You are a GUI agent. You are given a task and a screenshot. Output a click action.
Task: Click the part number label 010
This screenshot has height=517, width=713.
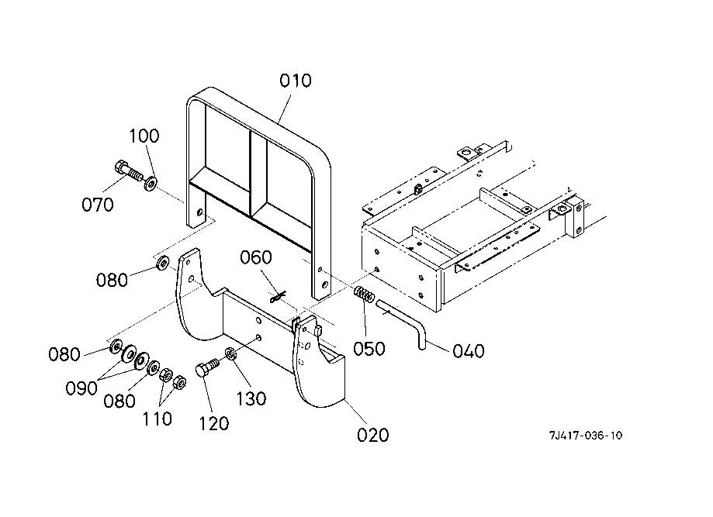point(295,81)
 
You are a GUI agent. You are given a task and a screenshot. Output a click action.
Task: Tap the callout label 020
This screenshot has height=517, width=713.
point(373,435)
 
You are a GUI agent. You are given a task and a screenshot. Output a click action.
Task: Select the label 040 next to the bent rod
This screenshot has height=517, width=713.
point(469,351)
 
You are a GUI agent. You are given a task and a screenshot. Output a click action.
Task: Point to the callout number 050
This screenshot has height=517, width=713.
point(369,349)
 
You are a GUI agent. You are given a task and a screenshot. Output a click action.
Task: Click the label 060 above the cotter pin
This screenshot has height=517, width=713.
point(256,257)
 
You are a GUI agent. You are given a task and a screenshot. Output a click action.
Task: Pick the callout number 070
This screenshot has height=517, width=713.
point(97,205)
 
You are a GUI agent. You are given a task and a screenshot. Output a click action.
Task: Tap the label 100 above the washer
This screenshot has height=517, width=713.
point(144,136)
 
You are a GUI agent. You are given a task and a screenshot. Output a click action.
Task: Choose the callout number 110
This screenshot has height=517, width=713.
point(157,419)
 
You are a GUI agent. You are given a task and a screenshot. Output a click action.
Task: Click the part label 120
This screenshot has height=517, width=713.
point(213,424)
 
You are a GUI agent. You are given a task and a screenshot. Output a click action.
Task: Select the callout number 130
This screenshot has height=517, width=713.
point(251,399)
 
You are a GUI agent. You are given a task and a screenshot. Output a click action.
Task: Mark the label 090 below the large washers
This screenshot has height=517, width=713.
point(81,388)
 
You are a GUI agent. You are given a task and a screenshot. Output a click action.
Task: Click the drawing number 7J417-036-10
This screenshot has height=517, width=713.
point(586,436)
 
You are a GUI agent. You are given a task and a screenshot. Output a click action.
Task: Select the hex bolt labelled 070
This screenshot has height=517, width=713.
point(129,171)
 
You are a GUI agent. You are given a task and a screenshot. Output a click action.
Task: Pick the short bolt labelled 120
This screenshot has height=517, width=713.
point(208,367)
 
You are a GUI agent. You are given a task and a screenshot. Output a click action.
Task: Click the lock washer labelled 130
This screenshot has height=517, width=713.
point(230,353)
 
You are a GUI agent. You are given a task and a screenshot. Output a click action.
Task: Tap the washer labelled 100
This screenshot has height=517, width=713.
point(151,183)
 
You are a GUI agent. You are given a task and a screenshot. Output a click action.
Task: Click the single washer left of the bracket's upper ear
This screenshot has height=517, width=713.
point(163,263)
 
